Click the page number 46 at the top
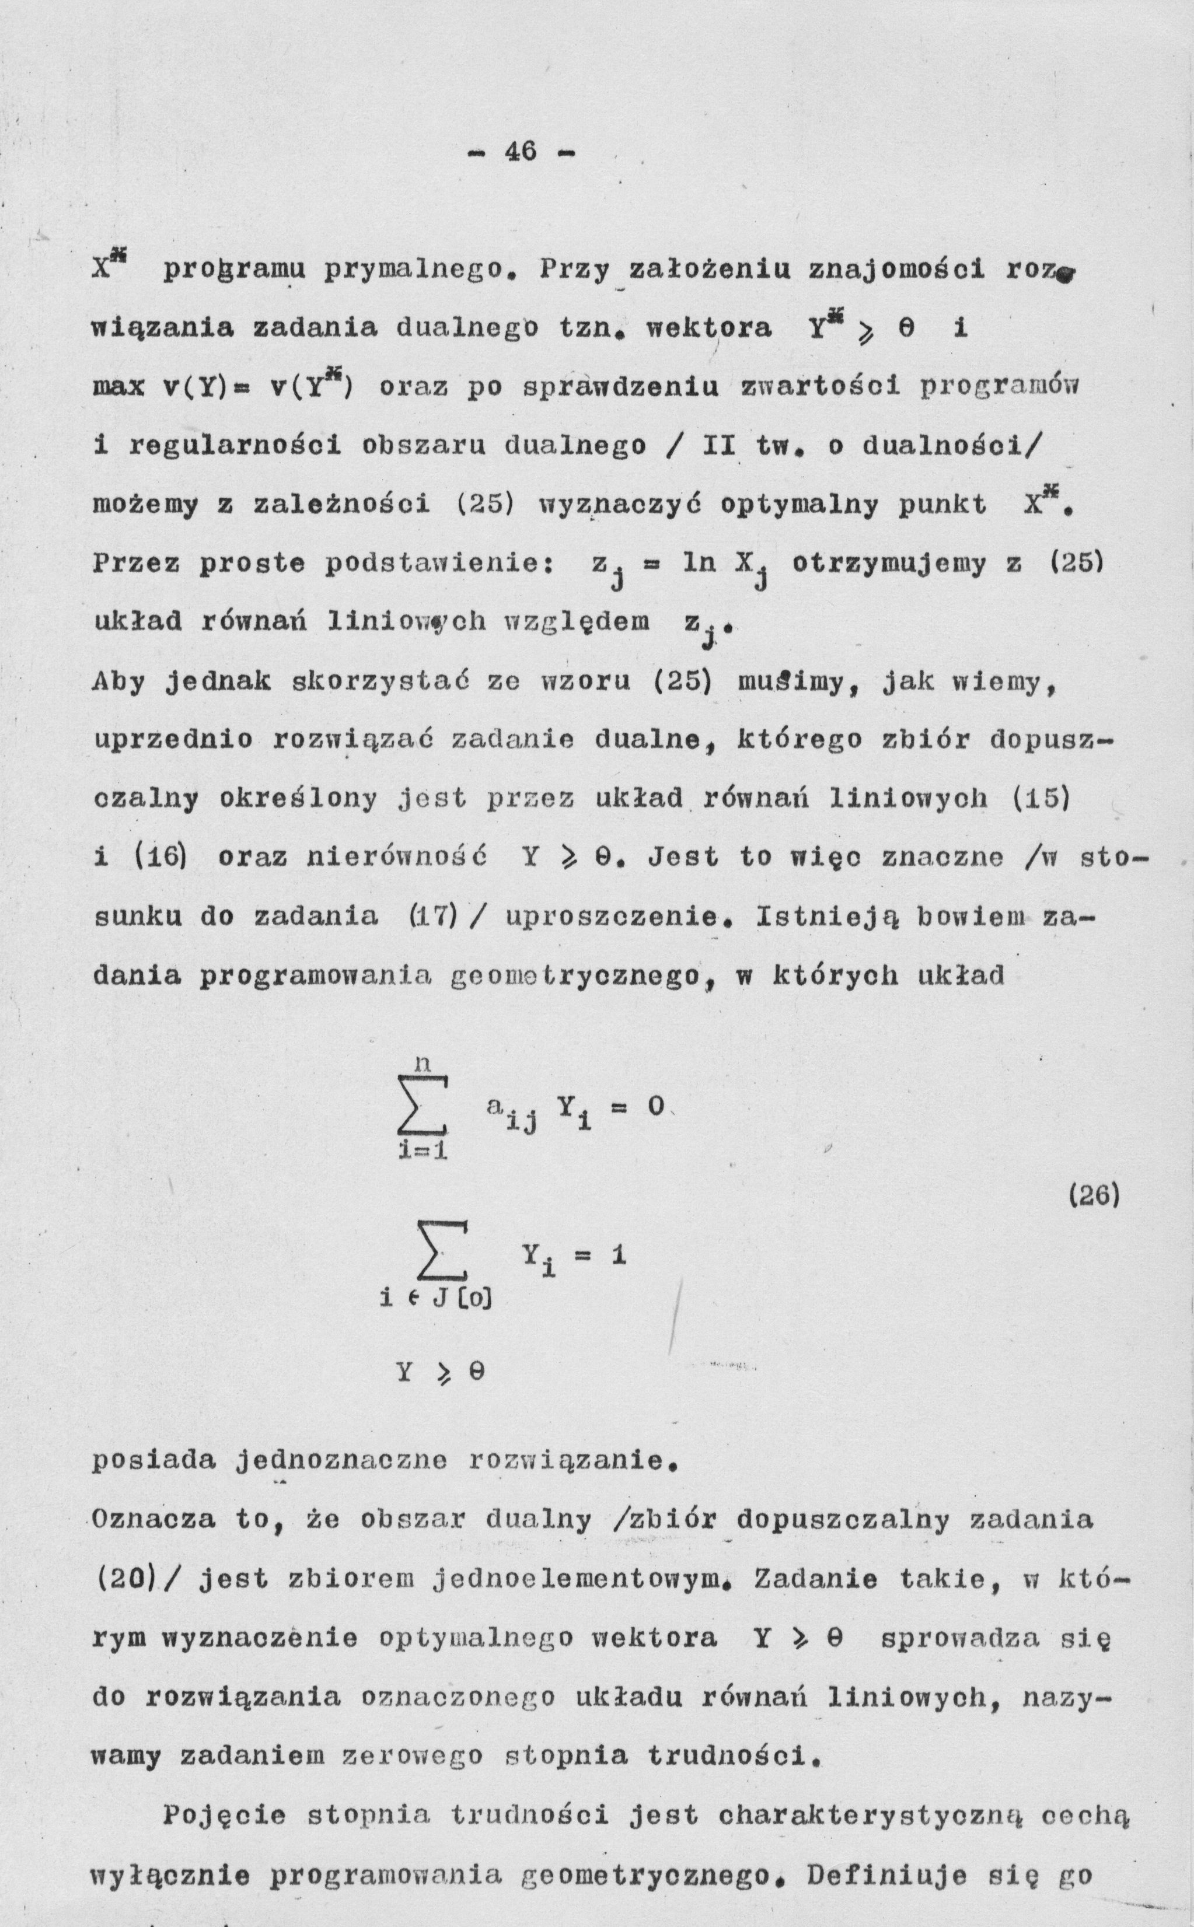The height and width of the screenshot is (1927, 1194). pyautogui.click(x=521, y=151)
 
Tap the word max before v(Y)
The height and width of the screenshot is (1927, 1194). pyautogui.click(x=119, y=387)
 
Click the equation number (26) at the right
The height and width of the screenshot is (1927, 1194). pyautogui.click(x=1094, y=1197)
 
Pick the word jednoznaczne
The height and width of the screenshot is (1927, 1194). pyautogui.click(x=342, y=1460)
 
